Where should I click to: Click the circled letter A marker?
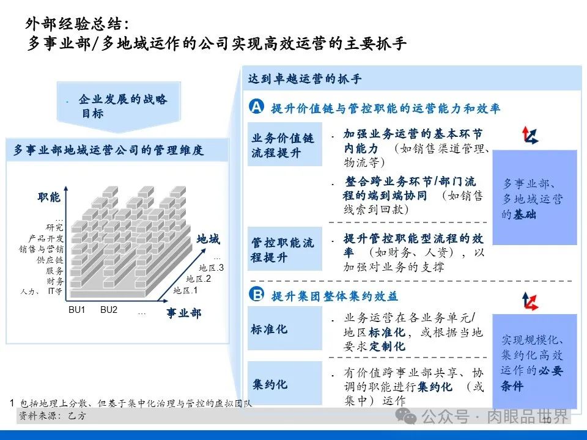(256, 108)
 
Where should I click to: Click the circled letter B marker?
(256, 295)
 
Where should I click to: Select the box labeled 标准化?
(284, 329)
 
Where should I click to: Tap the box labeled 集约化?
(284, 384)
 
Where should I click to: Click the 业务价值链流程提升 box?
(284, 145)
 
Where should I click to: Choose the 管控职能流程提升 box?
(284, 249)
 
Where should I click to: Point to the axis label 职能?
(49, 197)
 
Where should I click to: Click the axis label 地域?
(208, 240)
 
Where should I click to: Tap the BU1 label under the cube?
(77, 310)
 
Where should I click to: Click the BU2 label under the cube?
(109, 310)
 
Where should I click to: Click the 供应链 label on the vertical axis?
(50, 260)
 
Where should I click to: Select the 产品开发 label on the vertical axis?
(46, 238)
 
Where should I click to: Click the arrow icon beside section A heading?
(530, 135)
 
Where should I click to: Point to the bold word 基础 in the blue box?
(525, 215)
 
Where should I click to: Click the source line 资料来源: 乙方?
(52, 416)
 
